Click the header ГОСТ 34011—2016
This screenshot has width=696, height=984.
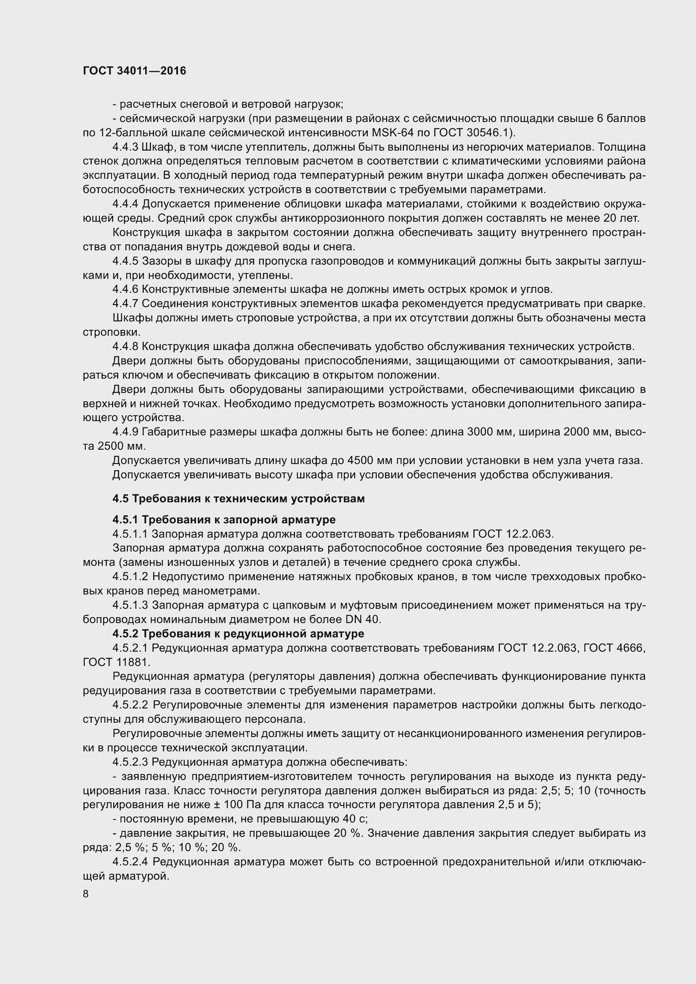(135, 71)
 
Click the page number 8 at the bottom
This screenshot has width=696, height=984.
(86, 894)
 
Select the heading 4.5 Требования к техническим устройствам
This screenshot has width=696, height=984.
(238, 499)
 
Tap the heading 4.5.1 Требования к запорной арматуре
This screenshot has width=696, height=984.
(224, 520)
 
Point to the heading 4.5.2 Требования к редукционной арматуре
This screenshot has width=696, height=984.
(238, 634)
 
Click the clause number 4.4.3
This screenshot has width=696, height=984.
(125, 147)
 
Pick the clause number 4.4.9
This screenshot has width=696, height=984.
(125, 432)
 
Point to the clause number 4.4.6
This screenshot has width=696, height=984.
(125, 289)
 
